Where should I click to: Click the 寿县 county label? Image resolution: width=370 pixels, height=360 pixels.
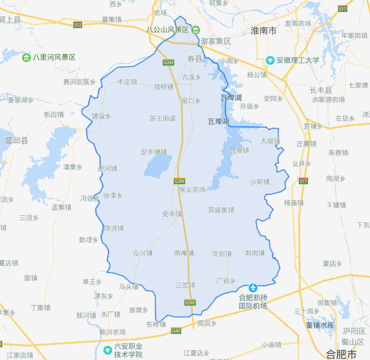pyautogui.click(x=194, y=58)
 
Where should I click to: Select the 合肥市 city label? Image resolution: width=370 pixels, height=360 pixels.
pyautogui.click(x=341, y=354)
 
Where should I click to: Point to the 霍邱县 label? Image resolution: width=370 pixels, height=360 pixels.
pyautogui.click(x=17, y=140)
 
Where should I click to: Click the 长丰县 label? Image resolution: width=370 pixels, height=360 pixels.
pyautogui.click(x=321, y=90)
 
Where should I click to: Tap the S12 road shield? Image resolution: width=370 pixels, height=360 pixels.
pyautogui.click(x=78, y=25)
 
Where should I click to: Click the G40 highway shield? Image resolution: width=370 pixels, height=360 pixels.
pyautogui.click(x=176, y=330)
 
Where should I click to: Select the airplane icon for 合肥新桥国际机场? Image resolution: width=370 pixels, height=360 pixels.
pyautogui.click(x=253, y=288)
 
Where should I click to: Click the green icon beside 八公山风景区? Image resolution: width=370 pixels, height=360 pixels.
pyautogui.click(x=195, y=30)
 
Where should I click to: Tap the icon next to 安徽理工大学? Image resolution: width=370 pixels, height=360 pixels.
pyautogui.click(x=270, y=60)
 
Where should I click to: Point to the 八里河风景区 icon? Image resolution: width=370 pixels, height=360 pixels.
pyautogui.click(x=27, y=57)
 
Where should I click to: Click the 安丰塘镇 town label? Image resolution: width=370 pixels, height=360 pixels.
pyautogui.click(x=153, y=152)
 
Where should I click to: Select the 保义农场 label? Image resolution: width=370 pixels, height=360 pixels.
pyautogui.click(x=192, y=189)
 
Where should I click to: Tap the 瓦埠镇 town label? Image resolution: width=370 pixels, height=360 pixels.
pyautogui.click(x=239, y=151)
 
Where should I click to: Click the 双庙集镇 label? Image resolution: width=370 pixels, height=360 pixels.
pyautogui.click(x=221, y=210)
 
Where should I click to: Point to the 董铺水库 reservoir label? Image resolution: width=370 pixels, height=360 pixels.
pyautogui.click(x=320, y=325)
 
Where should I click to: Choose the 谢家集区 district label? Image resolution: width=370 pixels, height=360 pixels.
pyautogui.click(x=216, y=41)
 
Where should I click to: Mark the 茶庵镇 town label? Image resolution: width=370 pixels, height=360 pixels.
pyautogui.click(x=183, y=253)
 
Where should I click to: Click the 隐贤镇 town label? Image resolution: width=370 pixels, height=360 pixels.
pyautogui.click(x=114, y=228)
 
